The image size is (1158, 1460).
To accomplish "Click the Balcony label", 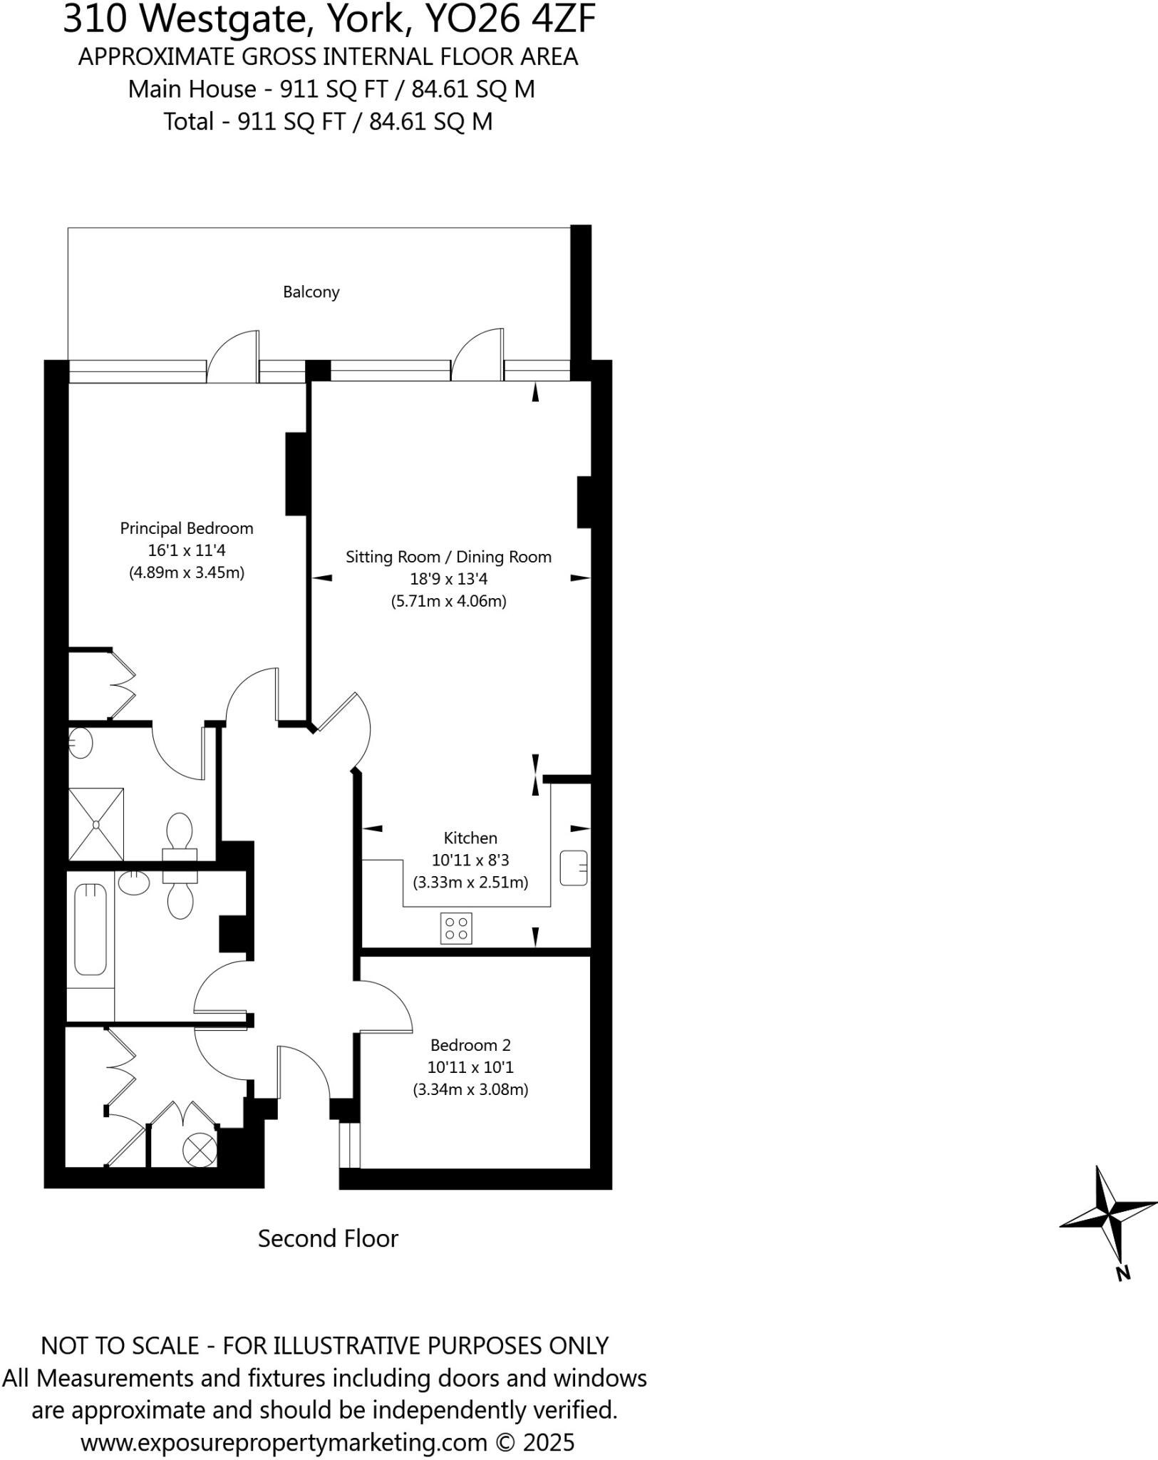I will pos(311,292).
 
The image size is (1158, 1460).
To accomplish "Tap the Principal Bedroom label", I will pos(187,528).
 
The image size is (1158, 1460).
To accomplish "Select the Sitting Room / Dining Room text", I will pos(448,557).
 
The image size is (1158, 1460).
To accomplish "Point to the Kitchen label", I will pos(470,838).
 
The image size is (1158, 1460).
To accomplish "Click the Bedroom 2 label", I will pos(470,1045).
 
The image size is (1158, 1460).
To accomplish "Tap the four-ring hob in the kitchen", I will pos(456,928).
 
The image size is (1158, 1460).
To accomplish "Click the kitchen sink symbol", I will pos(574,868).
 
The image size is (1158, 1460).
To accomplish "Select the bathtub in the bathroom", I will pos(91,929).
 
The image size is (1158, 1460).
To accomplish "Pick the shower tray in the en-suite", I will pos(96,824).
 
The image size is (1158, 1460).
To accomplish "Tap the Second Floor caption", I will pos(328,1238).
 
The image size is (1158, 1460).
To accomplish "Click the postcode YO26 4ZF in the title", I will pos(510,20).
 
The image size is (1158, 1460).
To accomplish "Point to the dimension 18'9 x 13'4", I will pos(448,579).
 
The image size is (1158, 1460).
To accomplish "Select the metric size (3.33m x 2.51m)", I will pos(470,882).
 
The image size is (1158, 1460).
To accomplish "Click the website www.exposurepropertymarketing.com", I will pos(284,1442).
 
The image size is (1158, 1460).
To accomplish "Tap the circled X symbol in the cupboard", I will pos(200,1149).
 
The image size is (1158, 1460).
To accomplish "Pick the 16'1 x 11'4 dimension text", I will pos(187,550).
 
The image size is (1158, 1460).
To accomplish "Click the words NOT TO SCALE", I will pos(119,1345).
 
